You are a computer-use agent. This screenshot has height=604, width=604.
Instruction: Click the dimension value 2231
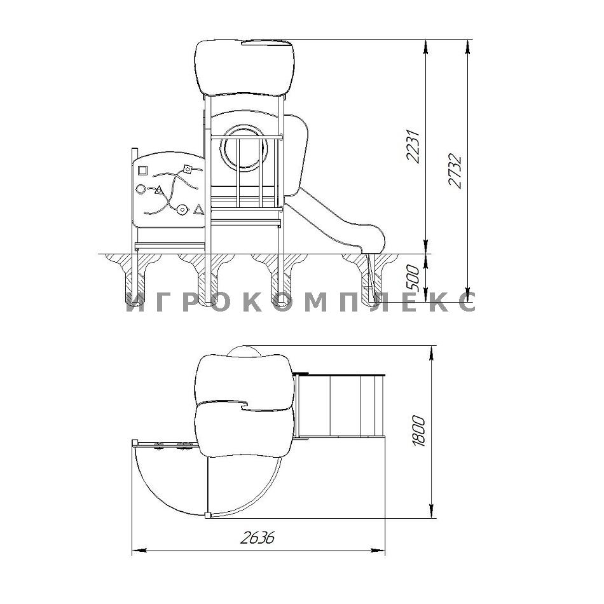pyautogui.click(x=413, y=147)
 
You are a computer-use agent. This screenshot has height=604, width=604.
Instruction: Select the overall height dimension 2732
pyautogui.click(x=455, y=171)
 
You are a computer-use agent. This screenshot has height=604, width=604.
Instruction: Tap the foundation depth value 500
pyautogui.click(x=413, y=278)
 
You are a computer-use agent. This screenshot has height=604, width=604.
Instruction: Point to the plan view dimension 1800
pyautogui.click(x=419, y=431)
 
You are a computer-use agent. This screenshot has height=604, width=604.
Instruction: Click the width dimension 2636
pyautogui.click(x=257, y=537)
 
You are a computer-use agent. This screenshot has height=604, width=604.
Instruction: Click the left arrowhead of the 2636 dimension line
pyautogui.click(x=139, y=551)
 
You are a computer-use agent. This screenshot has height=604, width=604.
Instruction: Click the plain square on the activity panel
pyautogui.click(x=142, y=170)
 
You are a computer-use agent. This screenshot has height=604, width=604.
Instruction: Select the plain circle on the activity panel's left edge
pyautogui.click(x=141, y=189)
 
